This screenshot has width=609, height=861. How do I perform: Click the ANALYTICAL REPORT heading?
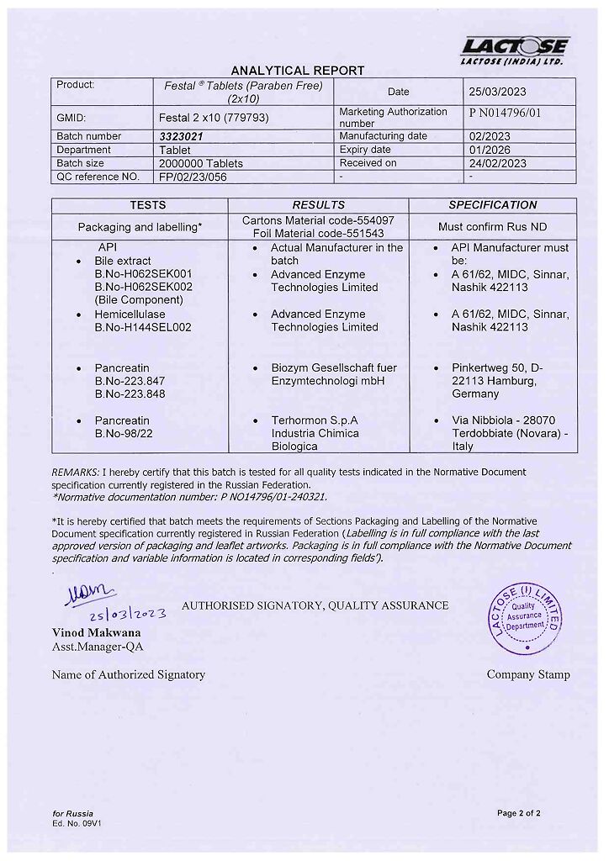tap(298, 71)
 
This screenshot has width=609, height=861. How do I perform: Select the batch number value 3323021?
tap(181, 136)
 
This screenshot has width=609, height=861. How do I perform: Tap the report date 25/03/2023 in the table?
tap(497, 92)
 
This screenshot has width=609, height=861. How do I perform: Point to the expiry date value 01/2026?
tap(489, 150)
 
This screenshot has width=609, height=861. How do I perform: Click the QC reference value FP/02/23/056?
tap(193, 177)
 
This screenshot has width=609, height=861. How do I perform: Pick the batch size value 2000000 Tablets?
tap(201, 163)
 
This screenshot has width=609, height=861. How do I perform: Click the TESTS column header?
tap(147, 205)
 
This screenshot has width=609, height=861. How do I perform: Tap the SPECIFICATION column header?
tap(492, 205)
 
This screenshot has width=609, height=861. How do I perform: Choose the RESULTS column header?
tap(318, 205)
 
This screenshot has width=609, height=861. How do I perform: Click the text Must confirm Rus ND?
tap(492, 226)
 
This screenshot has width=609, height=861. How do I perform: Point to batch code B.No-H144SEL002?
tap(143, 327)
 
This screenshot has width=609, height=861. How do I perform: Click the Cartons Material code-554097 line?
tap(318, 220)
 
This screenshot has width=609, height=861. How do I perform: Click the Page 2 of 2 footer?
tap(518, 813)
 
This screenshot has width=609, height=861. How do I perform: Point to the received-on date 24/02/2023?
tap(497, 163)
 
